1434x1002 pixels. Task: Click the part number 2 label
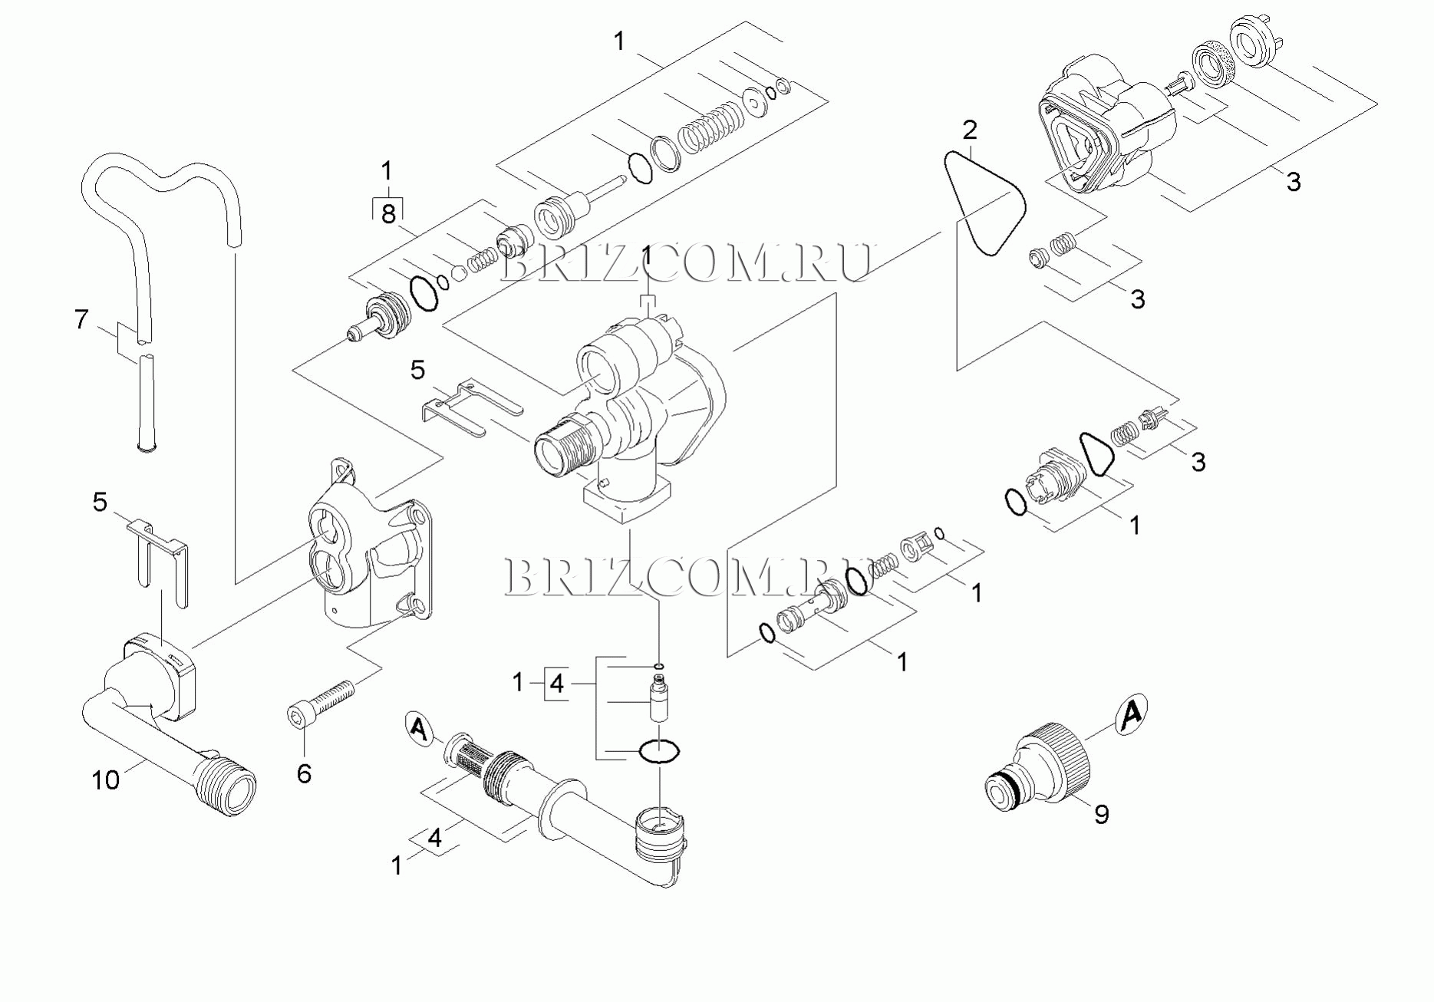970,130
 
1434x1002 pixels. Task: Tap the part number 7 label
82,319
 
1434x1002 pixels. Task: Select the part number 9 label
1101,814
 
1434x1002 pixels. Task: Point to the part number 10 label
106,780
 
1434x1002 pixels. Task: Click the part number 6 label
304,774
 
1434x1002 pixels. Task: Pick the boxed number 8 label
388,213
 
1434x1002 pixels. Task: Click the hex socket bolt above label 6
321,702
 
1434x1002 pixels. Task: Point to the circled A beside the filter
418,727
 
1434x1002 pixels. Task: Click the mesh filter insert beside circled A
470,755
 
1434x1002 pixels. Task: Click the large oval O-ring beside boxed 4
658,752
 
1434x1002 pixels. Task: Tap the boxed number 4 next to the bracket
557,683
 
